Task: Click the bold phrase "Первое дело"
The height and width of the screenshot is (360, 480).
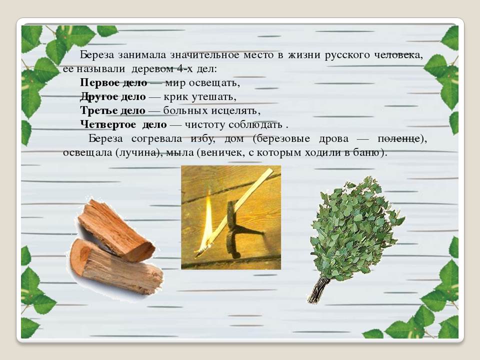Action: coord(113,82)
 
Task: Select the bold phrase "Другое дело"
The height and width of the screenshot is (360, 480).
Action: coord(112,96)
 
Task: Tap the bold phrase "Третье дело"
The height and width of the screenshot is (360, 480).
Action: coord(112,110)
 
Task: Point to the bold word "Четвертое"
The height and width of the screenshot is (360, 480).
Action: coord(108,124)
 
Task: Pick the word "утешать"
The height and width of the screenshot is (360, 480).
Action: coord(214,97)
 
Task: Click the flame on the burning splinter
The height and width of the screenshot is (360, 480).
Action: coord(207,222)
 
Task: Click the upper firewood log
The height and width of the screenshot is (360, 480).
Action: coord(116,230)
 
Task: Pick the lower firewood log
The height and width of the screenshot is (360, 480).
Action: coord(116,266)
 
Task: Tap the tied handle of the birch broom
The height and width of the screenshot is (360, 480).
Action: coord(318,289)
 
